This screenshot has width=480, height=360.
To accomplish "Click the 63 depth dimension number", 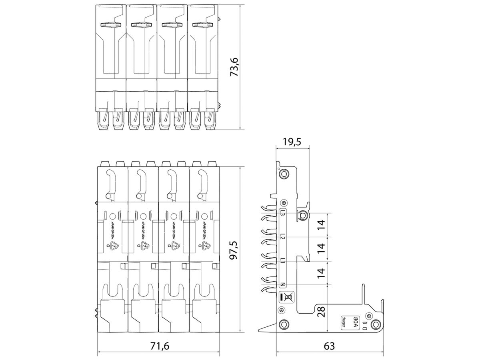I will point(329,346).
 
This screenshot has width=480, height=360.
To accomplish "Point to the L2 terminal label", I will point(283,237).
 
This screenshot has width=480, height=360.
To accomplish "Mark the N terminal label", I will point(283,284).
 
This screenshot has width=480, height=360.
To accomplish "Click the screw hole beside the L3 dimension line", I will point(303,216).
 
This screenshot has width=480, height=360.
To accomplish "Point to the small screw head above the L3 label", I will point(284,202).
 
